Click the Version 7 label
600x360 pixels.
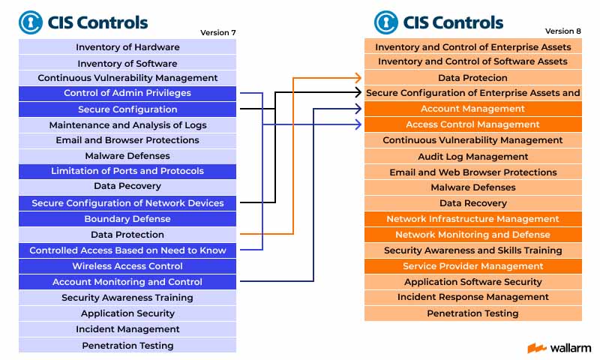(217, 32)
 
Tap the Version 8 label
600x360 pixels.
(563, 31)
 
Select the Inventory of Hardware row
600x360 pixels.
(127, 46)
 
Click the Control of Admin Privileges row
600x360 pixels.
(127, 93)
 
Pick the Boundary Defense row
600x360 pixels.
(127, 219)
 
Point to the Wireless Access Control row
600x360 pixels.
(127, 266)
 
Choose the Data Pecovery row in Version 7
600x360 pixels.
(127, 187)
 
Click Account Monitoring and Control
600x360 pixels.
(127, 281)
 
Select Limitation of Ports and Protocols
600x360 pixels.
(127, 172)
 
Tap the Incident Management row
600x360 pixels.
(127, 329)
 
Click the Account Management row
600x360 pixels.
(473, 109)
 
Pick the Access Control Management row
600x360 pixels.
(473, 124)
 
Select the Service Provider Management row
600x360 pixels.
(473, 266)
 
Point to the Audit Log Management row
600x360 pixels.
(473, 156)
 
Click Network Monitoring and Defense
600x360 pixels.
(473, 235)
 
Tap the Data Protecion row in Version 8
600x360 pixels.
(473, 78)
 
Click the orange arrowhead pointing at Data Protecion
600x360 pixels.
(358, 78)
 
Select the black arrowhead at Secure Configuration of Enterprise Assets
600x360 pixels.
(358, 92)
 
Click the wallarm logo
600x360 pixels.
(559, 348)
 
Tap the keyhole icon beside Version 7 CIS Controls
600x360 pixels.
(31, 22)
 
